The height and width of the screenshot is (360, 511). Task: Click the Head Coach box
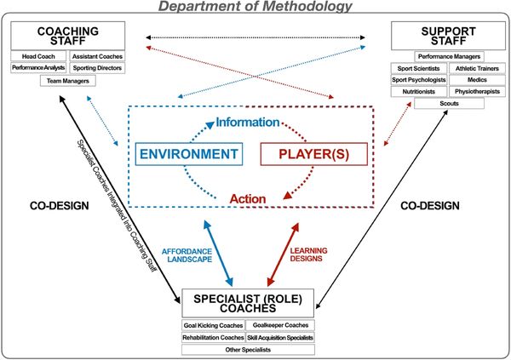tap(38, 56)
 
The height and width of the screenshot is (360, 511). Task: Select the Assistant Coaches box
tap(95, 56)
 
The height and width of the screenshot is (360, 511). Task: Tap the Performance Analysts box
tap(38, 67)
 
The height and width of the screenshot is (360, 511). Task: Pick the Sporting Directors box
tap(95, 67)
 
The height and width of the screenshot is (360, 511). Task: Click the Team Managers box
tap(67, 81)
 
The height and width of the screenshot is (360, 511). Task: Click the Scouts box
tap(449, 104)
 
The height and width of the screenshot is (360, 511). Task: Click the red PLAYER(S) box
tap(313, 154)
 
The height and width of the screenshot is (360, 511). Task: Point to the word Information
tap(247, 123)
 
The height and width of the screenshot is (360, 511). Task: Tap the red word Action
tap(247, 199)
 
